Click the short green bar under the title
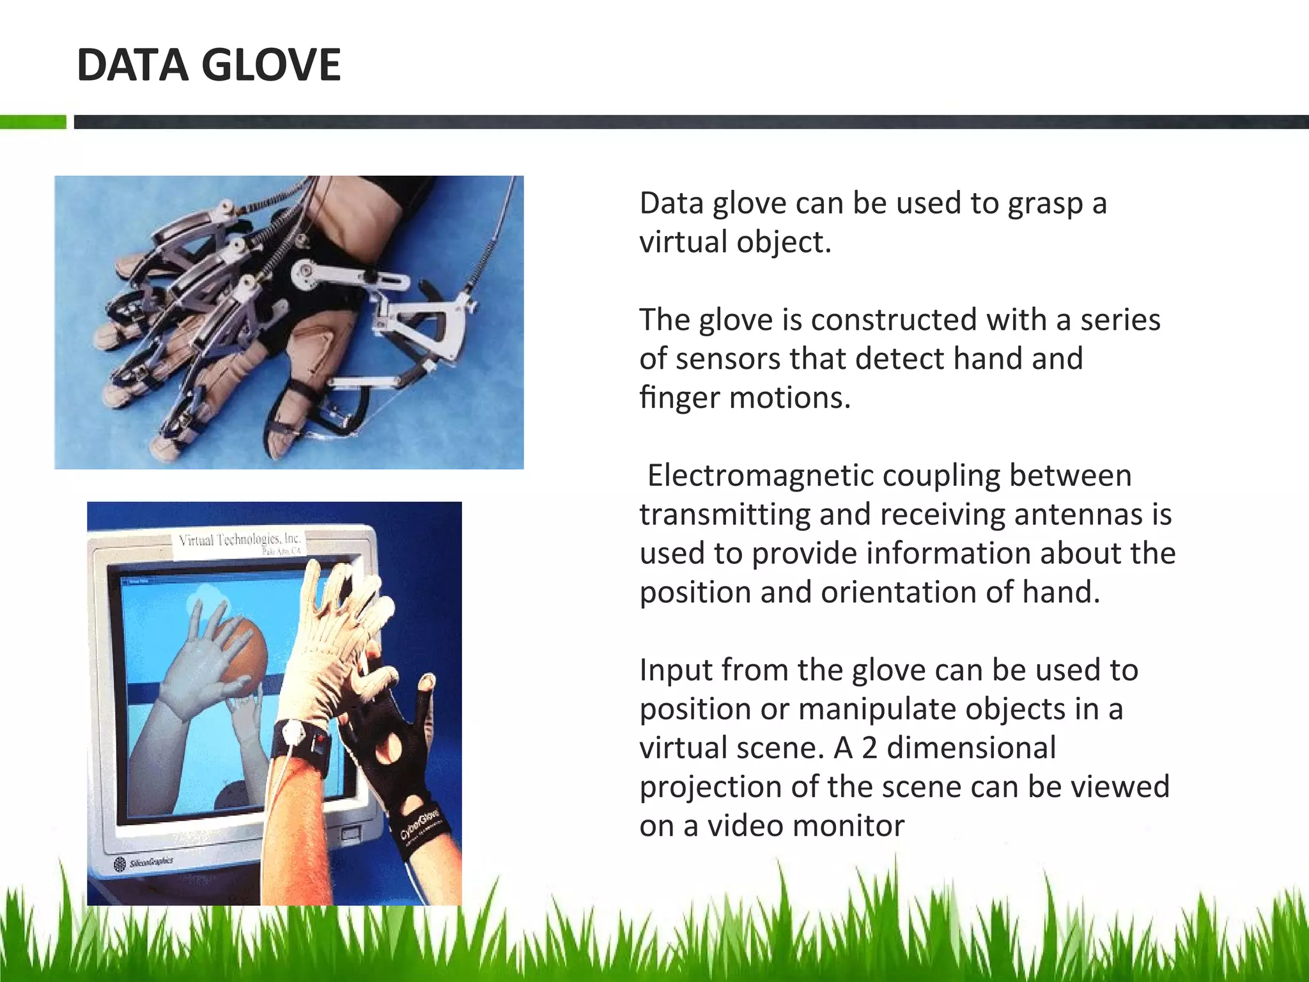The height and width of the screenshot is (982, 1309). (33, 121)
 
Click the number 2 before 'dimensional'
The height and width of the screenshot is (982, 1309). (869, 748)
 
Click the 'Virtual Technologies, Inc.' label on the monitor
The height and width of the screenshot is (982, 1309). (240, 540)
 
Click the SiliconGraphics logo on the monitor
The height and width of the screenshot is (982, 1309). (144, 864)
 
